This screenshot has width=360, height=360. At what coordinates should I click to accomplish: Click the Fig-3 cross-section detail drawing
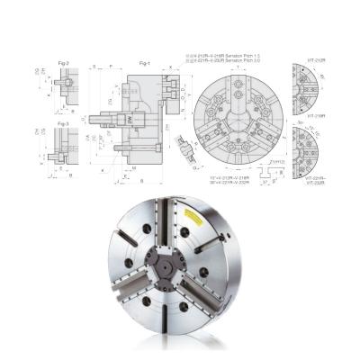click(x=61, y=148)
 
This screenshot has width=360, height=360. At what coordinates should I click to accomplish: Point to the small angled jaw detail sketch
click(x=189, y=153)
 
